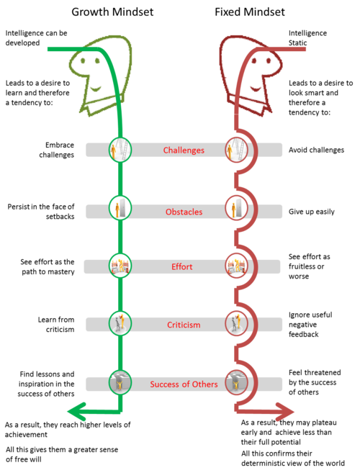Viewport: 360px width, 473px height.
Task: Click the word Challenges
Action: coord(184,150)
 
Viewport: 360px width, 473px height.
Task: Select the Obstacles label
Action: coord(184,212)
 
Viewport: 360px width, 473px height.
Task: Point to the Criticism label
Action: coord(184,325)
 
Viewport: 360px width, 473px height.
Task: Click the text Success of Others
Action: coord(184,384)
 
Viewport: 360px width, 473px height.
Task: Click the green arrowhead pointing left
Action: coord(74,412)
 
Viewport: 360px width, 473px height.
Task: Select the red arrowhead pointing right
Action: coord(286,412)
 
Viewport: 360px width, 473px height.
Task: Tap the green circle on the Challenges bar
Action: coord(120,150)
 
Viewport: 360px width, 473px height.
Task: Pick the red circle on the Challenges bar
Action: coord(235,150)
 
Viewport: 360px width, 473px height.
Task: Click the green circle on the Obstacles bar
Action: coord(120,209)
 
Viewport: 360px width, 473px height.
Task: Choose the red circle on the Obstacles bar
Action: coord(235,209)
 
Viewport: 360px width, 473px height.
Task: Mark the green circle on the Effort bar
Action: coord(120,266)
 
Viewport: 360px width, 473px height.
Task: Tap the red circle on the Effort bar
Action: coord(235,266)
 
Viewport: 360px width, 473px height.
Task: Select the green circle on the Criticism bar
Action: coord(120,323)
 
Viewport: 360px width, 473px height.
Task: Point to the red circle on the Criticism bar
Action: coord(235,323)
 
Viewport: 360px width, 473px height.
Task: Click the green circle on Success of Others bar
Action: coord(120,382)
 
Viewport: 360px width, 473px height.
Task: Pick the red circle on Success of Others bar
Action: coord(235,382)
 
